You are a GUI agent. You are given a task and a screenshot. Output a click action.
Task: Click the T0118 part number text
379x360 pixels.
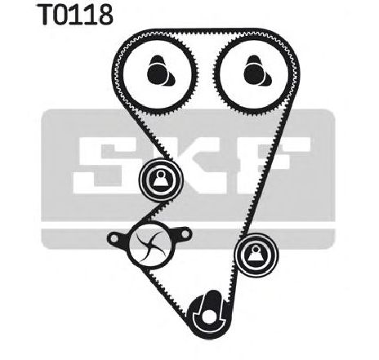[75, 15]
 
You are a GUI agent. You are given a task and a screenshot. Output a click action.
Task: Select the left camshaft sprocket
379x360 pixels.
[158, 73]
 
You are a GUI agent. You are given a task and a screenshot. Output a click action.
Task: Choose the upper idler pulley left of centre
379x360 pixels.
[161, 180]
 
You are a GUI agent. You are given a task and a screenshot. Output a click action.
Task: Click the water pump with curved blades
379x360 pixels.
[149, 244]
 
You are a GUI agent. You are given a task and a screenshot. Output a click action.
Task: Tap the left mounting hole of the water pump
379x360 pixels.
[114, 238]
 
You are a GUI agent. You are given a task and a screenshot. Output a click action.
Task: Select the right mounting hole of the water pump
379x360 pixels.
[185, 233]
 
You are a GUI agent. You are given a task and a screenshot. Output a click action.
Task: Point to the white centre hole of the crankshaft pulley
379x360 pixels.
[208, 317]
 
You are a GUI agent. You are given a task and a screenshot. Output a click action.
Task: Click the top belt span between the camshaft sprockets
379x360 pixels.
[206, 32]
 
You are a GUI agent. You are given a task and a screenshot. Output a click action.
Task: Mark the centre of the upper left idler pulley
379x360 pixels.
[161, 180]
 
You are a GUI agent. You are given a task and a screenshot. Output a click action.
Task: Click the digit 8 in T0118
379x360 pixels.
[105, 15]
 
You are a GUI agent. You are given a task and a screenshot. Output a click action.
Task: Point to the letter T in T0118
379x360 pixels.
[46, 15]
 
